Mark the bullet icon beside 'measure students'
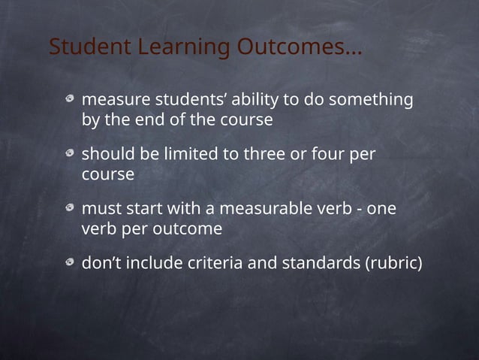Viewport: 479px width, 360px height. [70, 100]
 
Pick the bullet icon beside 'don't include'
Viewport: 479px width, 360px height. [70, 265]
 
